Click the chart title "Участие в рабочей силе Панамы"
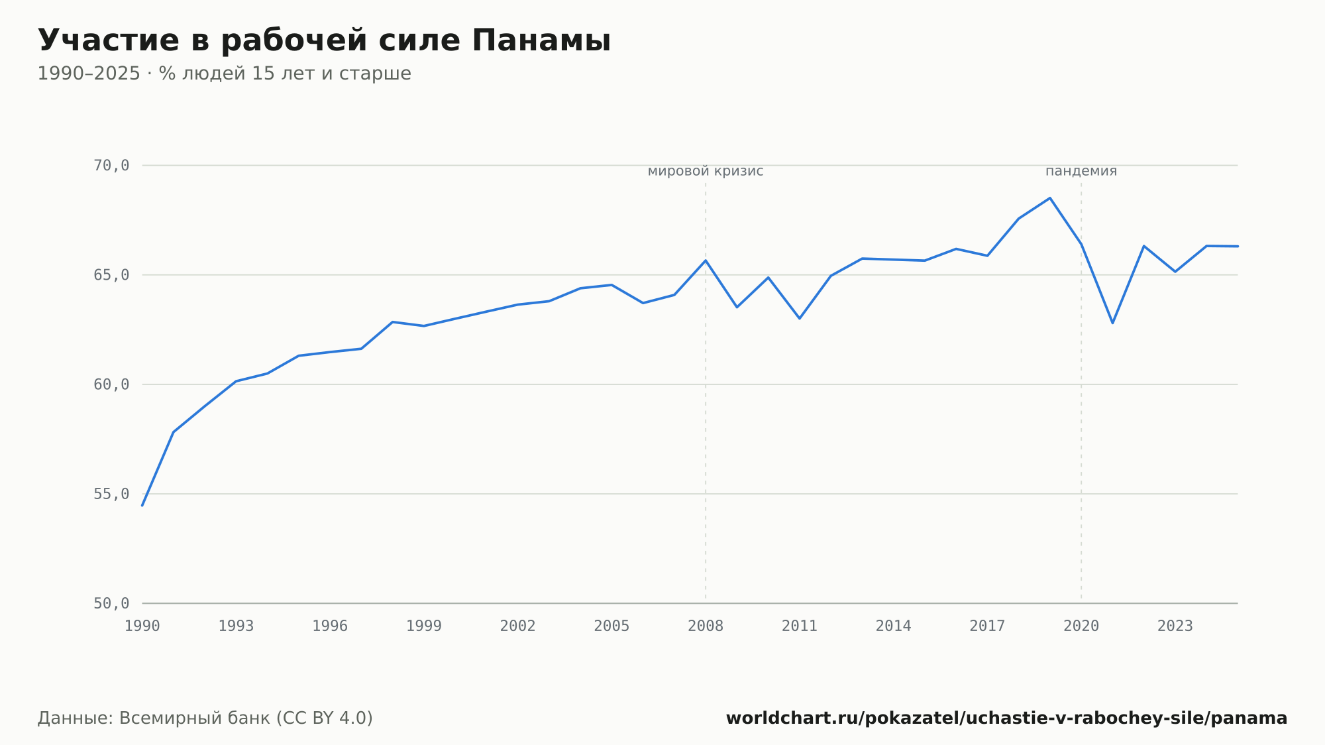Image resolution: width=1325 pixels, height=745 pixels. pyautogui.click(x=324, y=40)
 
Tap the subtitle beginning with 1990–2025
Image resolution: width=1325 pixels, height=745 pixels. pyautogui.click(x=224, y=74)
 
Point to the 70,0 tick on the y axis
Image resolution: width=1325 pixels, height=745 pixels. pyautogui.click(x=111, y=166)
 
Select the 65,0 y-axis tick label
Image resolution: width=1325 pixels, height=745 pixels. pyautogui.click(x=111, y=275)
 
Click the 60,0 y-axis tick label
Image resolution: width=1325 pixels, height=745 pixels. pyautogui.click(x=111, y=384)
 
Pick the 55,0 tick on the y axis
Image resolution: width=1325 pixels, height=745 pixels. pyautogui.click(x=111, y=494)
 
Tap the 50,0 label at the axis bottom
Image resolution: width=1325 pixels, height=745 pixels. pyautogui.click(x=111, y=603)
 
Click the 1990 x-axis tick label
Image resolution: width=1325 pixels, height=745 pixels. pyautogui.click(x=142, y=626)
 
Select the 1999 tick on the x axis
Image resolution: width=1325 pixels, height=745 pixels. pyautogui.click(x=424, y=626)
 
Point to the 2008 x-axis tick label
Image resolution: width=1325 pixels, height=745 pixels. pyautogui.click(x=706, y=626)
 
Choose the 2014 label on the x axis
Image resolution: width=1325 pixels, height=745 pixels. pyautogui.click(x=894, y=626)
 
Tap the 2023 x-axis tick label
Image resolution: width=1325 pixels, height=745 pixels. pyautogui.click(x=1175, y=626)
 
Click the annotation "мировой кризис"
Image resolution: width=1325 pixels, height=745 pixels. pyautogui.click(x=706, y=172)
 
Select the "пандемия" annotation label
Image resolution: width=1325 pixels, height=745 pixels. pyautogui.click(x=1081, y=172)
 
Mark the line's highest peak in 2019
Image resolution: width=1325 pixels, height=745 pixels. pyautogui.click(x=1050, y=198)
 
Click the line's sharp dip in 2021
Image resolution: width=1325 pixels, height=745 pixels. pyautogui.click(x=1113, y=323)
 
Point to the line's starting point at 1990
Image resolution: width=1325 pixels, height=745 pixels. pyautogui.click(x=142, y=505)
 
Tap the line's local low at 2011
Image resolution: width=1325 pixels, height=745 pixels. pyautogui.click(x=800, y=318)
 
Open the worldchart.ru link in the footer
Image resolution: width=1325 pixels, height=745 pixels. pyautogui.click(x=1007, y=718)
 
